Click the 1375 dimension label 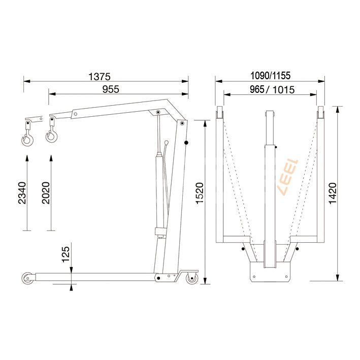(x=99, y=77)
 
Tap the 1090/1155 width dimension (x=270, y=76)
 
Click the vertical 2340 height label (x=22, y=193)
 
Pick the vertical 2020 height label (x=46, y=193)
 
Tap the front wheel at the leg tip (x=26, y=278)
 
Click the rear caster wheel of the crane (x=191, y=279)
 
